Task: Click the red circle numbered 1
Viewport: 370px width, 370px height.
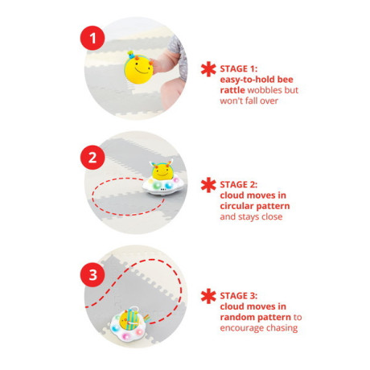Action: tap(92, 38)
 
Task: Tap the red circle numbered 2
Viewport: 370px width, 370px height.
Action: tap(92, 157)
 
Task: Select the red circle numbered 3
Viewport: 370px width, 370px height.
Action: tap(92, 275)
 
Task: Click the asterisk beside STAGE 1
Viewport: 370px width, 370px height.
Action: tap(208, 69)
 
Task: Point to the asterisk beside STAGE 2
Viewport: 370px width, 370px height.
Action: tap(208, 185)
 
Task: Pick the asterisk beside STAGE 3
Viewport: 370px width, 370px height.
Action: tap(208, 296)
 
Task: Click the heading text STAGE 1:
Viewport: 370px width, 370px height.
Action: tap(239, 69)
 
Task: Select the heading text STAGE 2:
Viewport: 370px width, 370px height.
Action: tap(239, 185)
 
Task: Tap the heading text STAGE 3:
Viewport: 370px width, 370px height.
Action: tap(239, 296)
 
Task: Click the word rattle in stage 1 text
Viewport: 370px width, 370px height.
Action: tap(232, 90)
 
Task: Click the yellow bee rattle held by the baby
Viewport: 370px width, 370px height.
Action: tap(138, 68)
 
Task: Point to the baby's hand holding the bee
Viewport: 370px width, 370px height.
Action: tap(162, 64)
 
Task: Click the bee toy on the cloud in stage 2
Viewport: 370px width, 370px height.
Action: tap(162, 171)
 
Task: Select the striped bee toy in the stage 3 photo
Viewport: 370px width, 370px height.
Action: tap(129, 319)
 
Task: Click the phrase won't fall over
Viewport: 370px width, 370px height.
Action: tap(249, 101)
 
